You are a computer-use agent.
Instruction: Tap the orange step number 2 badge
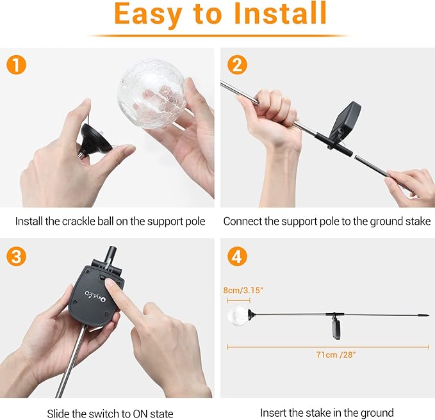pos(237,64)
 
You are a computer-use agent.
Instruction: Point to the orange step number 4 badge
pos(237,256)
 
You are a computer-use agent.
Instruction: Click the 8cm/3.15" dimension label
pos(243,289)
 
